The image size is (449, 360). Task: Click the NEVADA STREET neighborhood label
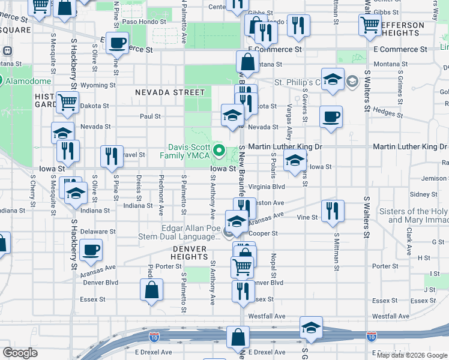point(170,92)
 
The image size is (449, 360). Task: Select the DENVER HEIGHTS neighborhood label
point(190,253)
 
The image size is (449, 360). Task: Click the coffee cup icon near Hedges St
point(330,116)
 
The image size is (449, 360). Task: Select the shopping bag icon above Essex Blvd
point(152,290)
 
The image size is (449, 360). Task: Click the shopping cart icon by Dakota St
point(67,102)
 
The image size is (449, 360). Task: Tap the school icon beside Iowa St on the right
point(295,161)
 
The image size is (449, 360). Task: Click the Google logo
point(20,353)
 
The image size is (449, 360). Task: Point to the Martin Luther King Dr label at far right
point(409,147)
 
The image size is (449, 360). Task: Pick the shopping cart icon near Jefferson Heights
point(369,25)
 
